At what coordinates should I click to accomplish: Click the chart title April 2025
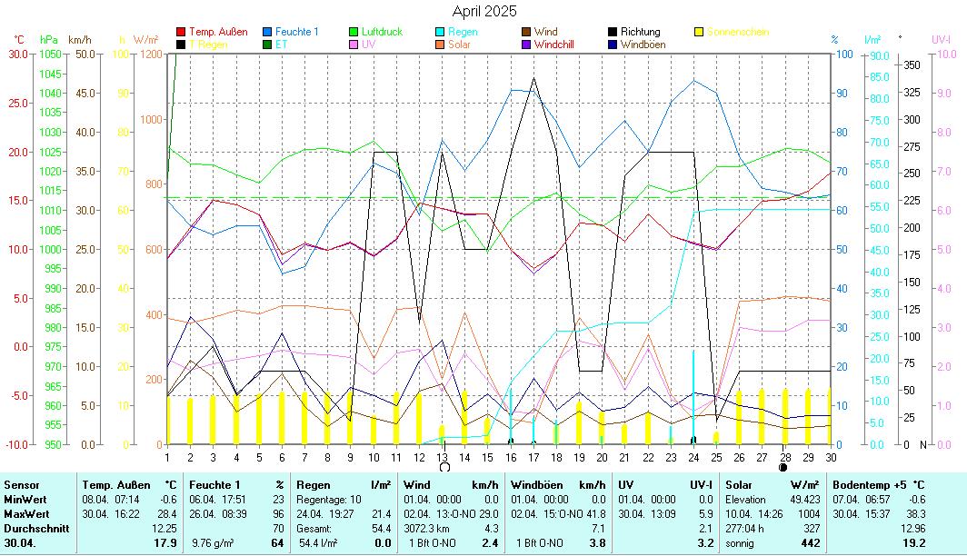483,11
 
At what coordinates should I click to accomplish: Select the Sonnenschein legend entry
737,32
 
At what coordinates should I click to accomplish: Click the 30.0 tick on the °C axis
18,55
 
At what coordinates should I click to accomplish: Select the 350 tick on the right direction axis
912,65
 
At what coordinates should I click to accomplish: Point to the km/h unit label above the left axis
80,40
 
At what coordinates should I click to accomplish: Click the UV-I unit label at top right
941,40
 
